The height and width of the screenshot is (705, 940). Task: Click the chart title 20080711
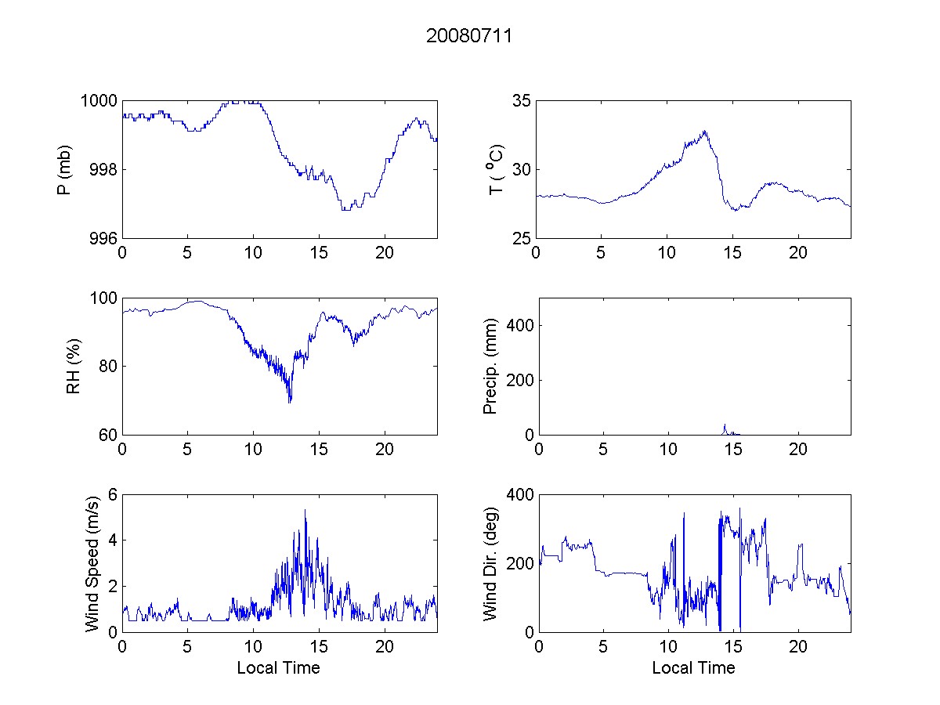pyautogui.click(x=469, y=36)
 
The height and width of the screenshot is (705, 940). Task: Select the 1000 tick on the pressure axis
pyautogui.click(x=99, y=101)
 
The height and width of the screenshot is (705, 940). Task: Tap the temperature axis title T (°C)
pyautogui.click(x=496, y=169)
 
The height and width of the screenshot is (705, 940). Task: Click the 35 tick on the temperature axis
pyautogui.click(x=522, y=101)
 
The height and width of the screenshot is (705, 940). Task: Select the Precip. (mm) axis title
pyautogui.click(x=491, y=367)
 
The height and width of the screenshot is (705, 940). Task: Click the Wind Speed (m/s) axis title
pyautogui.click(x=93, y=562)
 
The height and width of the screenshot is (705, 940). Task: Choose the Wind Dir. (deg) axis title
pyautogui.click(x=491, y=562)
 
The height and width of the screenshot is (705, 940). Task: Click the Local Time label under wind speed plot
pyautogui.click(x=278, y=667)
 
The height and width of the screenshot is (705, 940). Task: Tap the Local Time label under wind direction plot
pyautogui.click(x=693, y=667)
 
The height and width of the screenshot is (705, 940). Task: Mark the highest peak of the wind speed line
pyautogui.click(x=305, y=511)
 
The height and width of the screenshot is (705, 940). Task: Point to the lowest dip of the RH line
pyautogui.click(x=290, y=402)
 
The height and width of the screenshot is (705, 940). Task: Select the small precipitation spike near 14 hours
pyautogui.click(x=725, y=425)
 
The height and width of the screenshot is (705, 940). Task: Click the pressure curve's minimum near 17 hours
pyautogui.click(x=345, y=209)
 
